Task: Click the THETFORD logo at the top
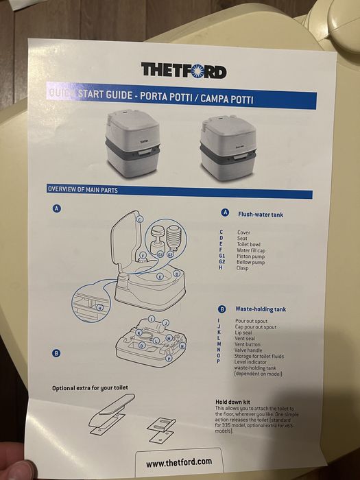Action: [x=183, y=70]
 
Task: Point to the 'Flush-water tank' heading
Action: [x=261, y=215]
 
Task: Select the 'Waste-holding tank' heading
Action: [x=261, y=309]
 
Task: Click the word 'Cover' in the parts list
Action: [x=243, y=232]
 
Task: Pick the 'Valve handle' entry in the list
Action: [x=250, y=350]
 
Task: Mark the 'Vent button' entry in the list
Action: [x=249, y=344]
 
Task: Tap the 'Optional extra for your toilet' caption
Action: [x=90, y=388]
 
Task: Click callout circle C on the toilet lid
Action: [x=139, y=219]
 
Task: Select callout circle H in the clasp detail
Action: [x=100, y=308]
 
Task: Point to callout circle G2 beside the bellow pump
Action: [x=171, y=254]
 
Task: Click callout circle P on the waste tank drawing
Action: [x=169, y=358]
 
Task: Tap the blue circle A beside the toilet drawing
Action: [x=56, y=208]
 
